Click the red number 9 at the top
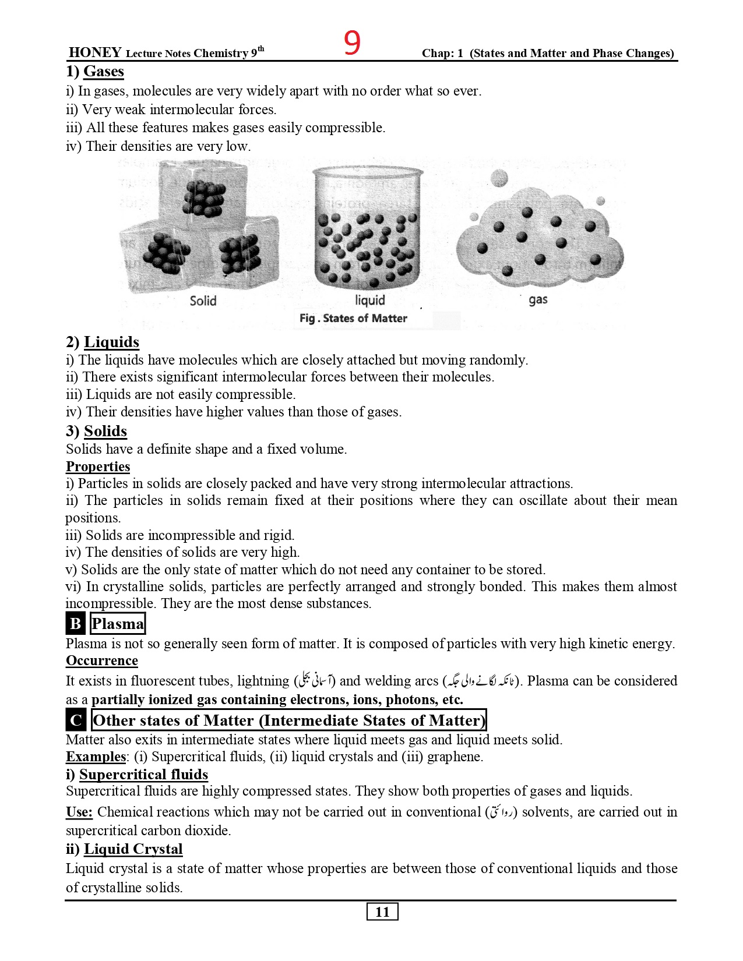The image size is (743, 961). pyautogui.click(x=352, y=43)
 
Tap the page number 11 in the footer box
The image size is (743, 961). pyautogui.click(x=382, y=912)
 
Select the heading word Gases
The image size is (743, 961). pyautogui.click(x=104, y=72)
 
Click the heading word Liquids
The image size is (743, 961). pyautogui.click(x=111, y=342)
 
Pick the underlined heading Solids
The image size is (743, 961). pyautogui.click(x=105, y=431)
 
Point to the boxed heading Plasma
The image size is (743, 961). pyautogui.click(x=118, y=624)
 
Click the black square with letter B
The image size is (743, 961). pyautogui.click(x=76, y=624)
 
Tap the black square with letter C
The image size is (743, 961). pyautogui.click(x=76, y=720)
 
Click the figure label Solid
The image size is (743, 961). pyautogui.click(x=203, y=301)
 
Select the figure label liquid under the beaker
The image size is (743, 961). pyautogui.click(x=370, y=300)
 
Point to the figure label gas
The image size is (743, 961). pyautogui.click(x=538, y=300)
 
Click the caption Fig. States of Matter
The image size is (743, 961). pyautogui.click(x=353, y=319)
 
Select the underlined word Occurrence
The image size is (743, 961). pyautogui.click(x=102, y=661)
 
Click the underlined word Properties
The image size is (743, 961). pyautogui.click(x=98, y=467)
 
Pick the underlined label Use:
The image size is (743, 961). pyautogui.click(x=79, y=812)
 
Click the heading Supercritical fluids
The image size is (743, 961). pyautogui.click(x=143, y=775)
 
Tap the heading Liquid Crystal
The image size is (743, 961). pyautogui.click(x=133, y=849)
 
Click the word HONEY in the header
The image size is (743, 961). pyautogui.click(x=95, y=52)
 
